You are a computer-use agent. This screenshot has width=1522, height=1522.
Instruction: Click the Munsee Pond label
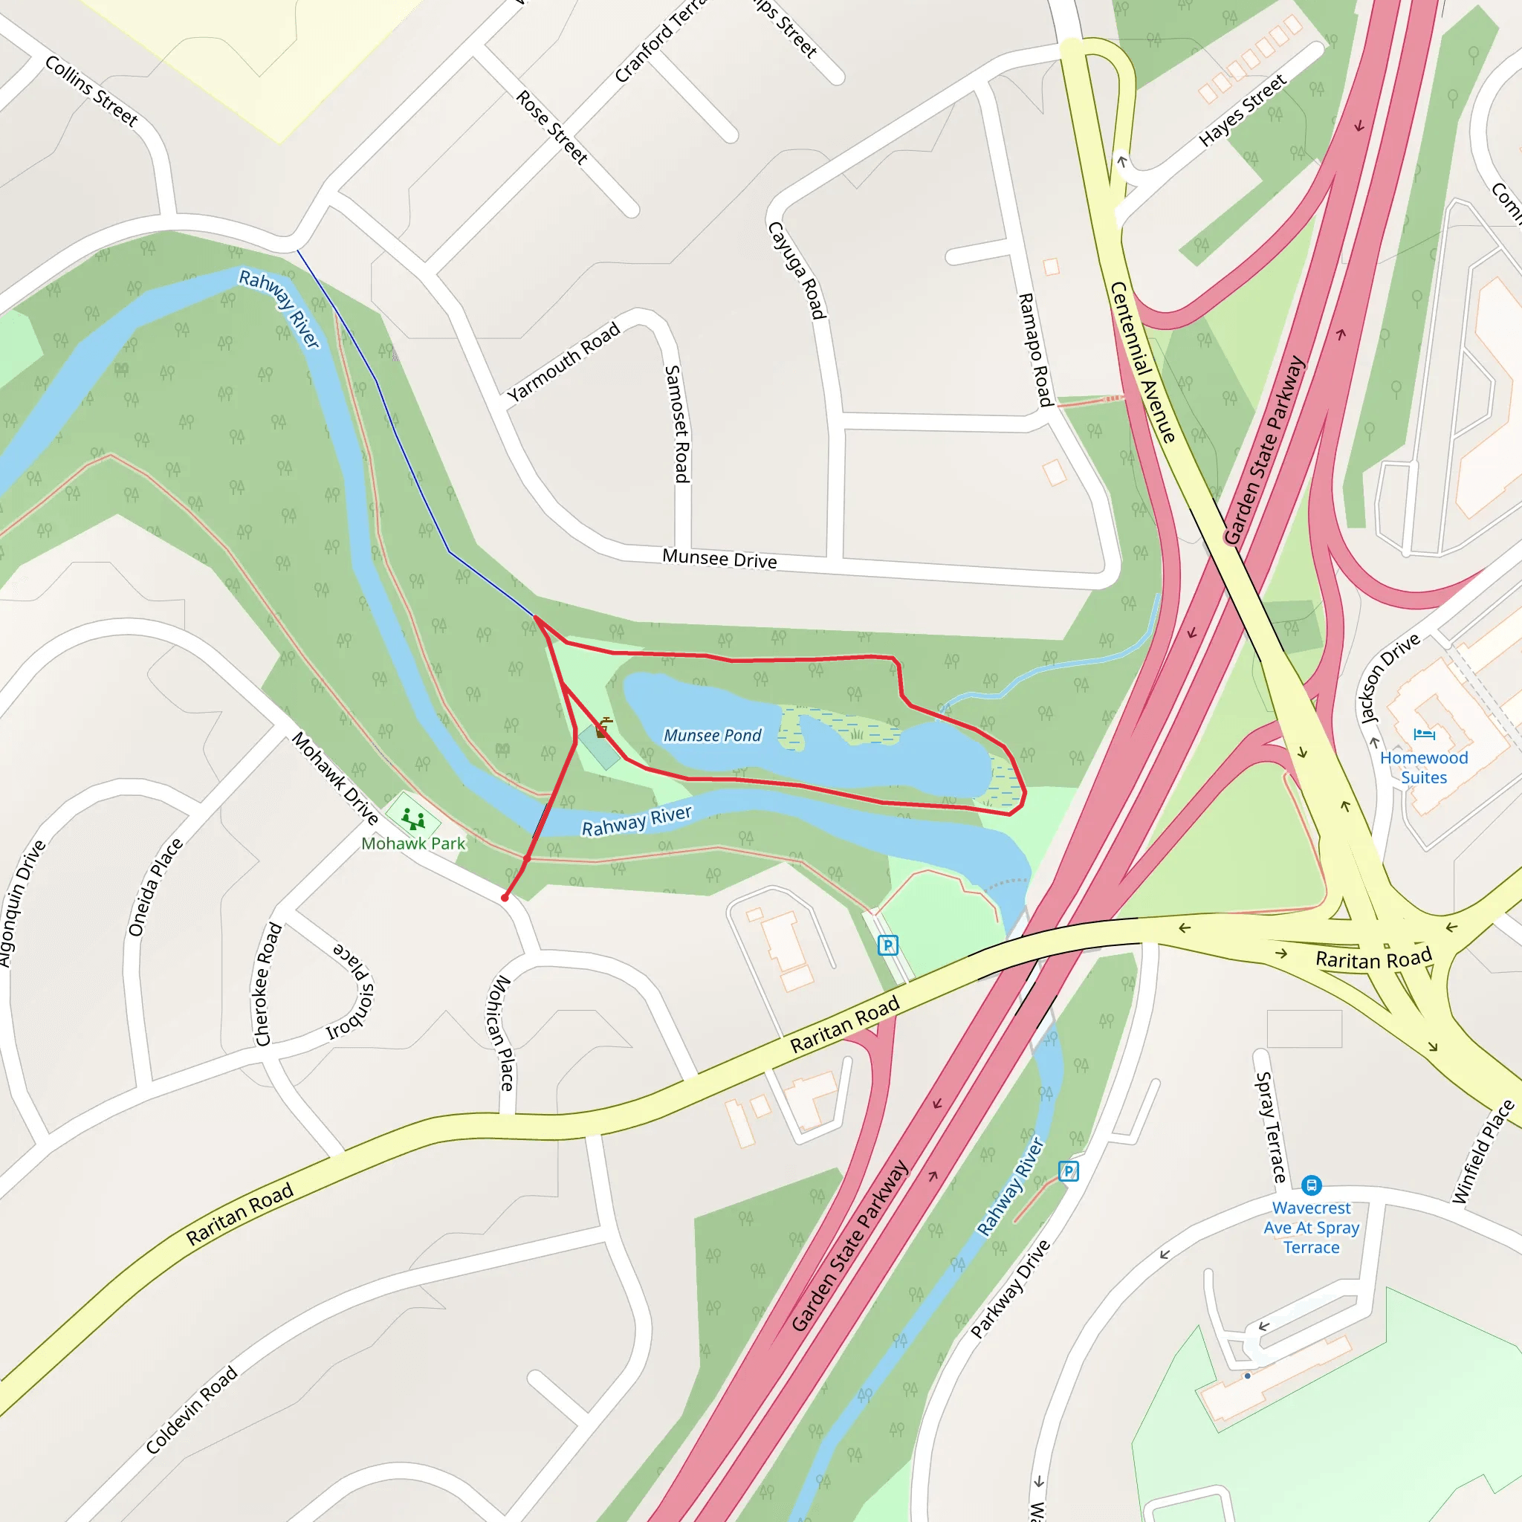tap(712, 735)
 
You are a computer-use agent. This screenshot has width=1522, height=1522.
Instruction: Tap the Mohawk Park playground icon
tap(412, 818)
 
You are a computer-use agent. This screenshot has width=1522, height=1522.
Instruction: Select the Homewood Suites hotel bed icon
tap(1423, 734)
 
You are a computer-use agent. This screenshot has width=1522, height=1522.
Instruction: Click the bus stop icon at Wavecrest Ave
tap(1311, 1185)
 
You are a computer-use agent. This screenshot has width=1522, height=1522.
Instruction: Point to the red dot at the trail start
tap(505, 897)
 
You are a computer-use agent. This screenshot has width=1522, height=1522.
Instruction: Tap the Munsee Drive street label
tap(719, 559)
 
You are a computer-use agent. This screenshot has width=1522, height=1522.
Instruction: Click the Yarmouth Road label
tap(563, 363)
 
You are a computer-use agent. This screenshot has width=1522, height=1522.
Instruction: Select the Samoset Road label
tap(678, 424)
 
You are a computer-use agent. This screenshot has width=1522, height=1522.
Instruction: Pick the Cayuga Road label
tap(797, 271)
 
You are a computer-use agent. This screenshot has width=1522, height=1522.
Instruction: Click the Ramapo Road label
tap(1035, 350)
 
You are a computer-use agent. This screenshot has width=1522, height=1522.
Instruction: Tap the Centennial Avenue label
tap(1142, 363)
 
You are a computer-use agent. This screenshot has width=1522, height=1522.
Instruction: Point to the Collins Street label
tap(91, 91)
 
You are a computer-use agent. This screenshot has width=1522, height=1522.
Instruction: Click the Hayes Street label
tap(1243, 109)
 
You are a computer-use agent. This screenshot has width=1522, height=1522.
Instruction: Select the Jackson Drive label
tap(1390, 678)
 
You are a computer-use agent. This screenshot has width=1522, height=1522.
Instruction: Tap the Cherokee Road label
tap(268, 984)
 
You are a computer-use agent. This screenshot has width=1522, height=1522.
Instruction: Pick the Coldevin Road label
tap(192, 1410)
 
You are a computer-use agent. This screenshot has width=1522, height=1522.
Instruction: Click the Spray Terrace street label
tap(1270, 1127)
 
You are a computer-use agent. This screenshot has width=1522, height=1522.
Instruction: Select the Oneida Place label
tap(155, 888)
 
